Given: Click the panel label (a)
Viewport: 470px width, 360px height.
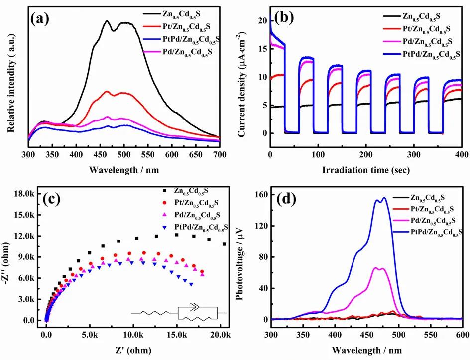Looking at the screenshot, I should click(41, 19).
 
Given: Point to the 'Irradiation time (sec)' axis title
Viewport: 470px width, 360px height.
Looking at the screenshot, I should click(365, 170).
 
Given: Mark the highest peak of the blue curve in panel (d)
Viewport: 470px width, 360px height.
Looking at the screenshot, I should click(384, 198).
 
